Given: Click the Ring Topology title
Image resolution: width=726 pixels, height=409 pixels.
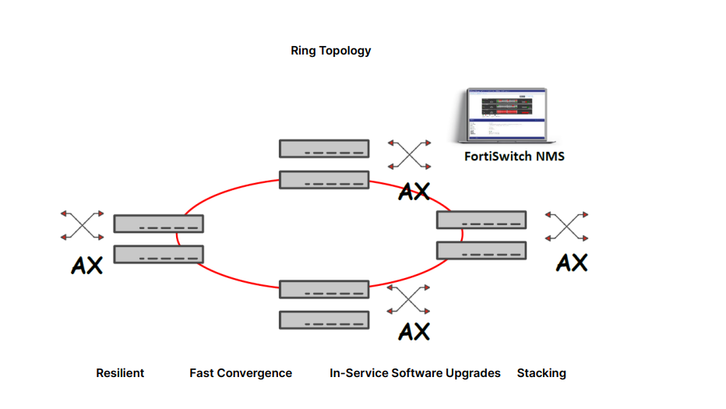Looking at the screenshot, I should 330,51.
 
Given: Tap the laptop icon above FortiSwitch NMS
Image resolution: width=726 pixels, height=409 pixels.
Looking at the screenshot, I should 506,115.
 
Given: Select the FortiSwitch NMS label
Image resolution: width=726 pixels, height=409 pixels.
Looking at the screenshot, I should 514,157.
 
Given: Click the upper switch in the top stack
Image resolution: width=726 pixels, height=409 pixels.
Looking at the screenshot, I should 324,148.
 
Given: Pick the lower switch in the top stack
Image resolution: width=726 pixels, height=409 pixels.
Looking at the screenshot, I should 324,179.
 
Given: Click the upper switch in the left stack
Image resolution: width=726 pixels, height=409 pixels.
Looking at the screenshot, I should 158,224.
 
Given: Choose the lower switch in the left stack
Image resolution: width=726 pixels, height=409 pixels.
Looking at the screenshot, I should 158,254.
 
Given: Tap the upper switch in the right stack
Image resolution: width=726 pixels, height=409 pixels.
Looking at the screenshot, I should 481,220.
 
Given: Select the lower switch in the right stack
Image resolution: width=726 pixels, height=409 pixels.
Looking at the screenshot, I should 481,250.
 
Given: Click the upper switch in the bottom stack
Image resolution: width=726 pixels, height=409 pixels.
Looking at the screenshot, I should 324,289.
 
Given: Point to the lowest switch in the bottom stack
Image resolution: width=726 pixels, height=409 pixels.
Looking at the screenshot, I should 324,319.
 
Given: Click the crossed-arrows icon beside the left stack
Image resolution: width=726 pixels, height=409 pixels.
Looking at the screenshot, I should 82,225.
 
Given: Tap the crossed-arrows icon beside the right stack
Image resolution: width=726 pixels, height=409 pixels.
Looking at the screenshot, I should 567,226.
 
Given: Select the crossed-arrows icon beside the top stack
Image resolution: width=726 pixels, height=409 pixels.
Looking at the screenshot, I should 410,154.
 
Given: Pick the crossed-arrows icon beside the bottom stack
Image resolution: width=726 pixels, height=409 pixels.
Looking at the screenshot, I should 410,300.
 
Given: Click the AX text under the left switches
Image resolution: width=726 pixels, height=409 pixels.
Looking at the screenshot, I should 86,265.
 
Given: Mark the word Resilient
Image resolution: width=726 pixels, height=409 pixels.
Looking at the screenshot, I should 120,373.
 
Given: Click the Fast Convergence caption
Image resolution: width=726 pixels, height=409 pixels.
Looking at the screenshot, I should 241,373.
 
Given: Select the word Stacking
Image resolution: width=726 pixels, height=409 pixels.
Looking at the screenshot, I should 541,373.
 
